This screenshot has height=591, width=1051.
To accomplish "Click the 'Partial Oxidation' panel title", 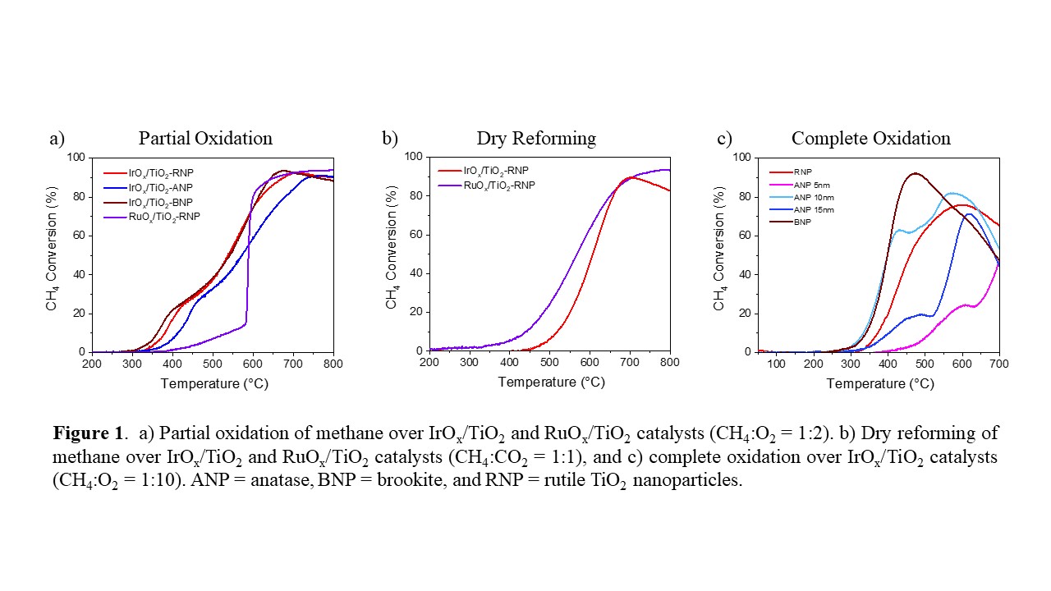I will pos(205,138).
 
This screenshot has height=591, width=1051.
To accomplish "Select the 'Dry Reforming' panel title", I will pos(536,138).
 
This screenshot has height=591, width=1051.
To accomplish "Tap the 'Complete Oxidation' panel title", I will pos(870,138).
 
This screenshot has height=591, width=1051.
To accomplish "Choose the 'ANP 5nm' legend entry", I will pos(810,186).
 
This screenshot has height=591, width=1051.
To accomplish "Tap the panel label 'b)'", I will pos(389,138).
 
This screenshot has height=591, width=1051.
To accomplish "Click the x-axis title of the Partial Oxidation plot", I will pos(213,383).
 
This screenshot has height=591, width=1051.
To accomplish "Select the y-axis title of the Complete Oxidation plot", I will pos(719,254).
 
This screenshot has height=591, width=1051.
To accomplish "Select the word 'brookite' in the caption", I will pos(484,480).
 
